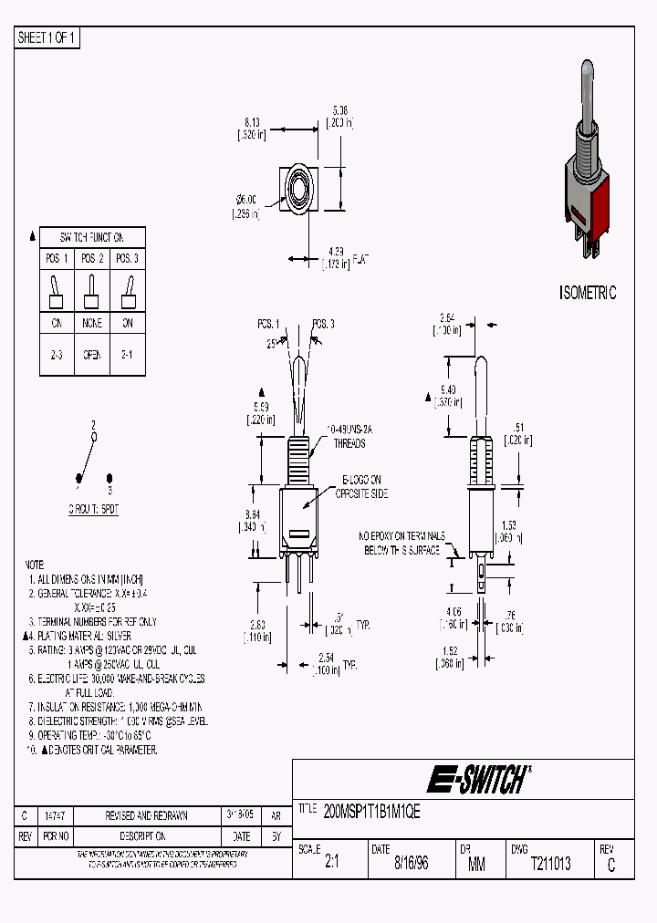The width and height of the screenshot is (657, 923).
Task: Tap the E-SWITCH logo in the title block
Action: pyautogui.click(x=476, y=780)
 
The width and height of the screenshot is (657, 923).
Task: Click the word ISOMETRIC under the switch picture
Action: pyautogui.click(x=587, y=294)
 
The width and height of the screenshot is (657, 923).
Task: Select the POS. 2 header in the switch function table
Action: pyautogui.click(x=92, y=258)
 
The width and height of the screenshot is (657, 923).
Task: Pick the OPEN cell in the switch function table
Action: pyautogui.click(x=92, y=355)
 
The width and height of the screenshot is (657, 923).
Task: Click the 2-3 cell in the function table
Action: pyautogui.click(x=57, y=355)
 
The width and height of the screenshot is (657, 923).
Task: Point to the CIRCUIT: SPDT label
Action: pyautogui.click(x=93, y=510)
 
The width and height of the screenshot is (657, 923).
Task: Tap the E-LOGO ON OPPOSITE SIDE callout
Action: pyautogui.click(x=364, y=486)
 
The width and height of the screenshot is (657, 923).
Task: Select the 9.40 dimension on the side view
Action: pyautogui.click(x=448, y=389)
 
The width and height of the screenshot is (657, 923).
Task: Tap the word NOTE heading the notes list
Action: pyautogui.click(x=34, y=565)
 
